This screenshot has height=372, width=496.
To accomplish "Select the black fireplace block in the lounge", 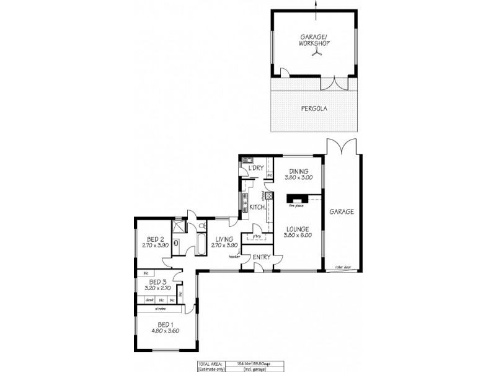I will pyautogui.click(x=294, y=200).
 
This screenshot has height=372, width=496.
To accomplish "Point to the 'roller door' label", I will pyautogui.click(x=343, y=267).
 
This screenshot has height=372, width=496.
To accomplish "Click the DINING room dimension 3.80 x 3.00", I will pyautogui.click(x=298, y=178).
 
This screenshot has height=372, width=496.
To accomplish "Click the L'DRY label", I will pyautogui.click(x=256, y=169).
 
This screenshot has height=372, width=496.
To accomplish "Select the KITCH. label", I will pyautogui.click(x=258, y=207).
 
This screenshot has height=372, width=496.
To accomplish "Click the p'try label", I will pyautogui.click(x=255, y=236).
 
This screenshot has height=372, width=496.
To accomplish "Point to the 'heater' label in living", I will pyautogui.click(x=234, y=255).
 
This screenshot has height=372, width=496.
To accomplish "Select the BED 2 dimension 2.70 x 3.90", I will pyautogui.click(x=155, y=246).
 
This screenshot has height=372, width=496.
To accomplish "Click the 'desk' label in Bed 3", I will pyautogui.click(x=149, y=299).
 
